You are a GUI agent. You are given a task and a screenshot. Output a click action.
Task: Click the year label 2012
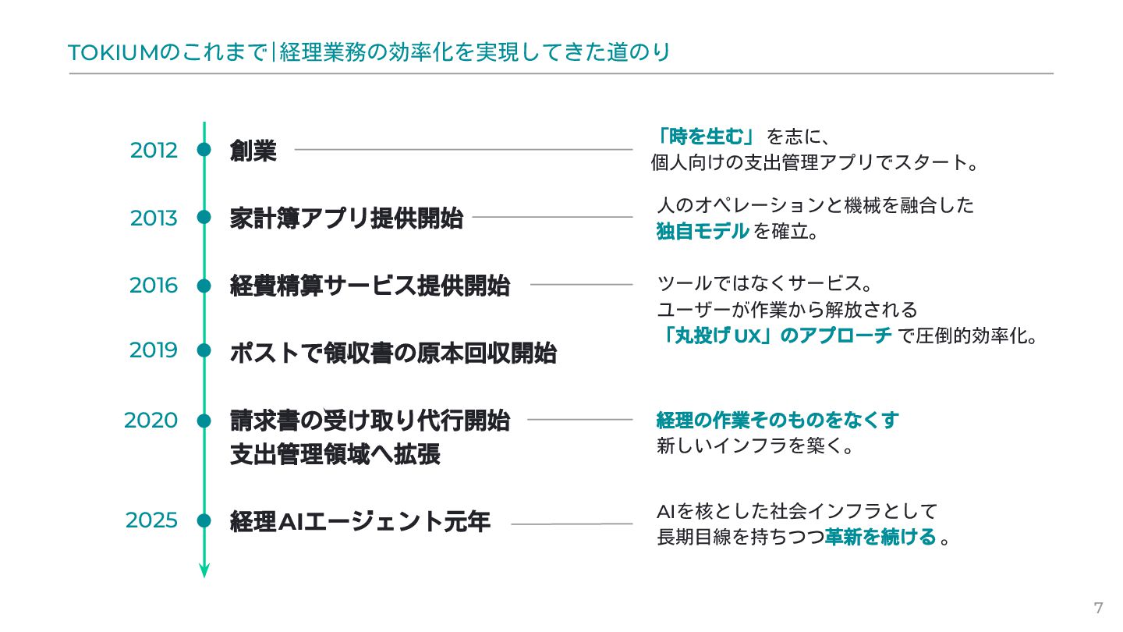point(154,150)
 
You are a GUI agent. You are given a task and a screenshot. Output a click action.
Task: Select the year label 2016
point(154,286)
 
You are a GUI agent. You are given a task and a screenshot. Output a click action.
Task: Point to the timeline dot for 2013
point(204,218)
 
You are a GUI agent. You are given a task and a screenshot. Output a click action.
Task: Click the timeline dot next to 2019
point(204,350)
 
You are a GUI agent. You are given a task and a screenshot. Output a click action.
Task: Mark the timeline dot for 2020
point(204,421)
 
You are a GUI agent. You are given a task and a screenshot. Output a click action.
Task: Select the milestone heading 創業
point(253,151)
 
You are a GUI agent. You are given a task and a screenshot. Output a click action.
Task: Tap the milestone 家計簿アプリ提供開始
point(346,218)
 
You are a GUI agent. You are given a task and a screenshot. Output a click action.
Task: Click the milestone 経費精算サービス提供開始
point(370,286)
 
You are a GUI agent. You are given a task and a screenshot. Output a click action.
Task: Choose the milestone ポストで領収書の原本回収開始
point(393,353)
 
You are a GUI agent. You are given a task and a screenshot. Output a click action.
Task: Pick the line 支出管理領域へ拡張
point(335,454)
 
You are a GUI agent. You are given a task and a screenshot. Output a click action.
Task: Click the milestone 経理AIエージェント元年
point(360,520)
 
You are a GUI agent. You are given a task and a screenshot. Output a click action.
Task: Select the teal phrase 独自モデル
point(702,232)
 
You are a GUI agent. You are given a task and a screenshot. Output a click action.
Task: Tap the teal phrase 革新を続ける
point(880,537)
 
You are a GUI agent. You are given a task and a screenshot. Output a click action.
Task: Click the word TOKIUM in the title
point(113,53)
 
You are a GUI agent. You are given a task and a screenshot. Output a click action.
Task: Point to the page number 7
point(1099,609)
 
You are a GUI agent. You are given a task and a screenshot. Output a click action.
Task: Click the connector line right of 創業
point(463,149)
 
